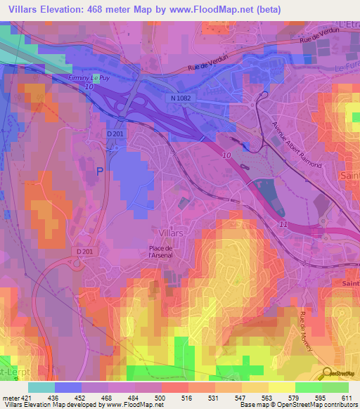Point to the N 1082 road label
point(180,99)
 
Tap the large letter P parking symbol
point(99,171)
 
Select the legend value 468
point(106,397)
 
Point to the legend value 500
point(161,397)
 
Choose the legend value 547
point(241,397)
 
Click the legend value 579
point(295,397)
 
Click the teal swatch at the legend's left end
point(41,387)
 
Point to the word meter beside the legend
point(10,397)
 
